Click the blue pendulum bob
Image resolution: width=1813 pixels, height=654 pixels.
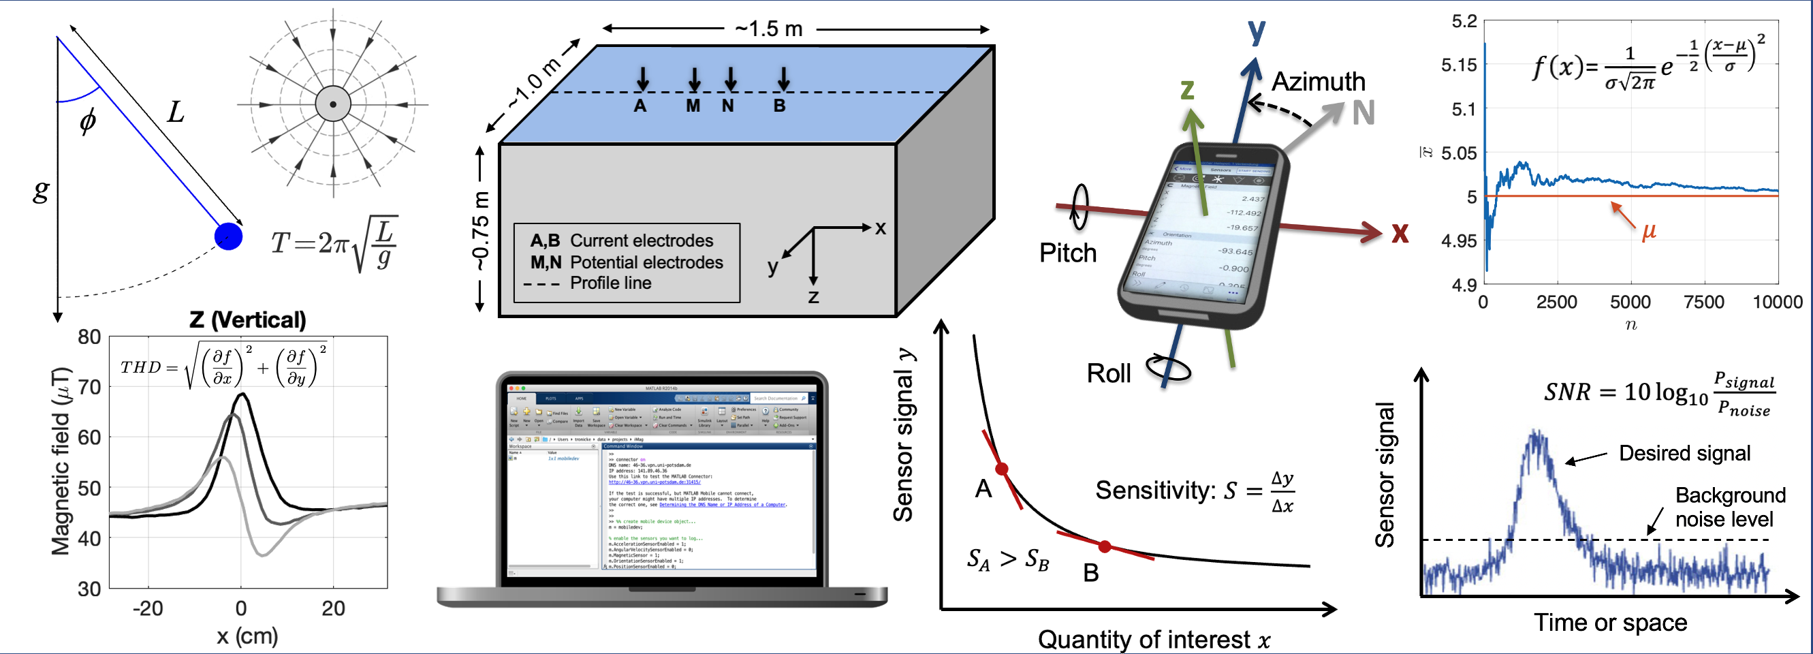(228, 236)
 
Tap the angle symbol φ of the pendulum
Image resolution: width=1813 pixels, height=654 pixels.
(88, 121)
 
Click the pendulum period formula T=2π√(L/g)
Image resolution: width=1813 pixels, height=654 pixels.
(334, 244)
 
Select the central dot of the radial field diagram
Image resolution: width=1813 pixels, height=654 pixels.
(333, 104)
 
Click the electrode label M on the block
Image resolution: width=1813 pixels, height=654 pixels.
(693, 106)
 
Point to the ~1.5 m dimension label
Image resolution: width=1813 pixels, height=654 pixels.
(768, 29)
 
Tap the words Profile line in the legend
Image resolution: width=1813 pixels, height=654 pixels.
(610, 283)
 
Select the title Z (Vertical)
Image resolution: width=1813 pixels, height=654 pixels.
(247, 320)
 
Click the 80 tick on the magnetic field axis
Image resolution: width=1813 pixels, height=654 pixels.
(89, 337)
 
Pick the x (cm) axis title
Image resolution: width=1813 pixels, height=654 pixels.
(247, 636)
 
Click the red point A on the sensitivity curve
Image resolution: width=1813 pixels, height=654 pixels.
(1002, 469)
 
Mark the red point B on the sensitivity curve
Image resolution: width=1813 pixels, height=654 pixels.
(1105, 546)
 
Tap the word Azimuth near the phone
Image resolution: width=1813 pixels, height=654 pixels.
(1319, 82)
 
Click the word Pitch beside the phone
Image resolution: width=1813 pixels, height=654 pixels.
(1068, 253)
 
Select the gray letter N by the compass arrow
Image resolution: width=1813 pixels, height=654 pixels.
(1363, 113)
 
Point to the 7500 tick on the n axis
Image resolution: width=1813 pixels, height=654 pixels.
(1703, 302)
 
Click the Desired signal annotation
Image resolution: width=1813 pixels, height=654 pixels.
(1684, 453)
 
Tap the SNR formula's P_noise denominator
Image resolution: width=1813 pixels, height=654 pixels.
(1744, 409)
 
